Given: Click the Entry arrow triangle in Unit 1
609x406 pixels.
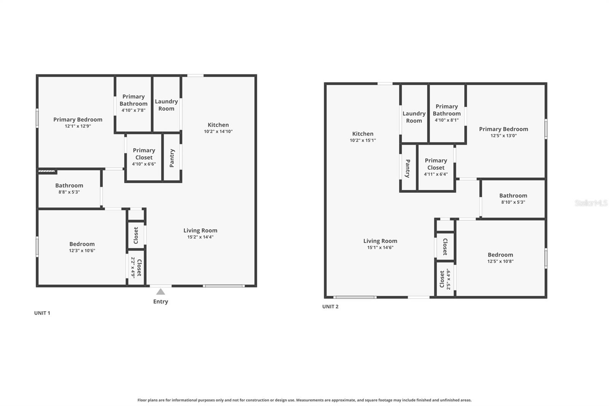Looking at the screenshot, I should [161, 292].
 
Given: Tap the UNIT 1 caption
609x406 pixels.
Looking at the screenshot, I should [42, 313].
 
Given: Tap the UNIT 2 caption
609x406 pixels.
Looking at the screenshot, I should [330, 306].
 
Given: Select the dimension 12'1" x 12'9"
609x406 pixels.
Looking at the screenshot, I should [78, 126].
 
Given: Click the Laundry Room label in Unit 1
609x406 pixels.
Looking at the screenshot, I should [166, 105].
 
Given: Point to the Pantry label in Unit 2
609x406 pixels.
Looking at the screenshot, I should [408, 168].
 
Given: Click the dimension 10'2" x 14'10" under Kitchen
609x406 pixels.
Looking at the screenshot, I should [218, 131].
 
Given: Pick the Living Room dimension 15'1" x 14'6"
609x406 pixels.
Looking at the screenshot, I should [380, 247].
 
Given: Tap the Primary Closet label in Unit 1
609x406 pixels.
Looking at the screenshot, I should [144, 154].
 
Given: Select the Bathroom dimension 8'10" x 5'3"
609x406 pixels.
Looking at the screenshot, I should [513, 202].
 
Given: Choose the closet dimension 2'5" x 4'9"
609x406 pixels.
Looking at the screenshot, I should [448, 279].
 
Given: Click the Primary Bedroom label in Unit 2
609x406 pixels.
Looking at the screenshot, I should [503, 129].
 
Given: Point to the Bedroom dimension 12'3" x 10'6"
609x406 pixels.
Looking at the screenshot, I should [82, 251].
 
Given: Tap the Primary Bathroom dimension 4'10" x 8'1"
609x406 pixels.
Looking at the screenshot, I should [446, 120].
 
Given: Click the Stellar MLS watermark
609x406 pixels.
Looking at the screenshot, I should [591, 203].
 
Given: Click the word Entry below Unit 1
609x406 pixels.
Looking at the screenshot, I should [161, 301].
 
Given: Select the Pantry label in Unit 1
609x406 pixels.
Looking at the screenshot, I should [172, 158].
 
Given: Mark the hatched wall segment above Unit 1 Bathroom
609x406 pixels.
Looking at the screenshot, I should [47, 171].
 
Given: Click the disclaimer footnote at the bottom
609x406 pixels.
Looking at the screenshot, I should [304, 400].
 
